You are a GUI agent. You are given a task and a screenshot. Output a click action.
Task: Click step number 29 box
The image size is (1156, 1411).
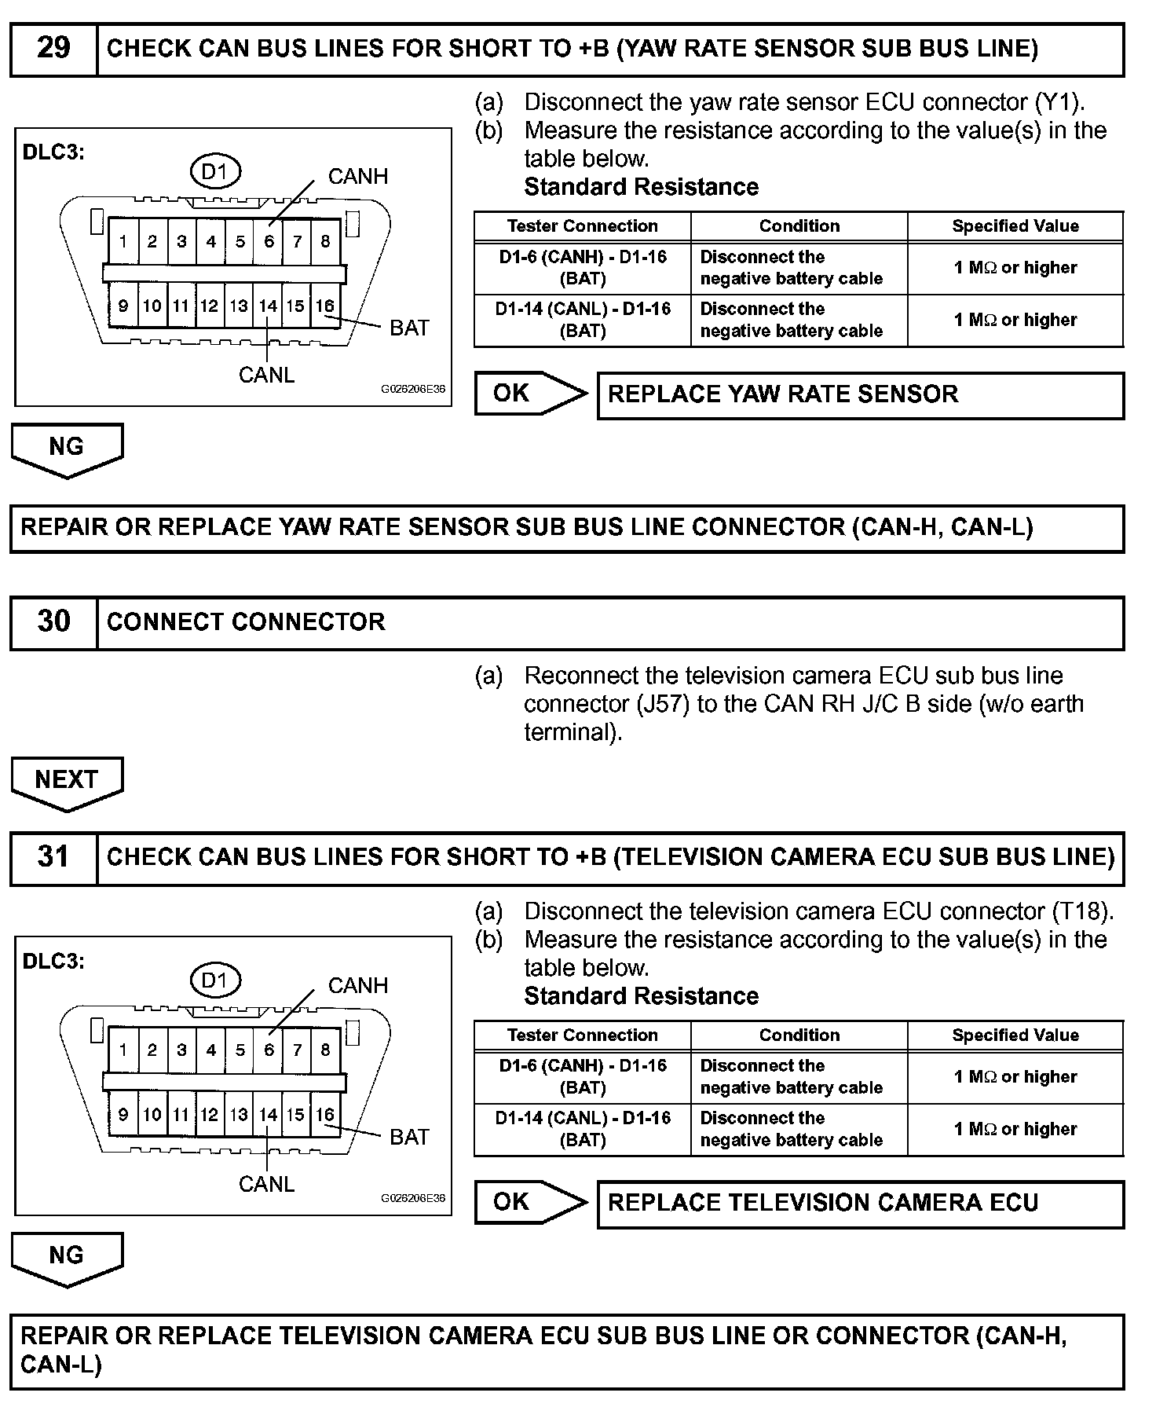click(x=53, y=49)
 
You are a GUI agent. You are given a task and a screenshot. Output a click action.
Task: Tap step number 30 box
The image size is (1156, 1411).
click(x=53, y=622)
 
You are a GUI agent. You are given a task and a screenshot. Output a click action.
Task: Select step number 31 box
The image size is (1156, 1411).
click(x=53, y=857)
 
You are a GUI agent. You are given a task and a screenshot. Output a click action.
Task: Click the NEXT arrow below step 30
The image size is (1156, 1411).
click(x=67, y=782)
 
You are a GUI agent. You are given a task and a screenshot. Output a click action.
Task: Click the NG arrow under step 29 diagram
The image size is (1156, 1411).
click(x=67, y=449)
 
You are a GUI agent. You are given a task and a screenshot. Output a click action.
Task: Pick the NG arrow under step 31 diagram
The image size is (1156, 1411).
click(x=67, y=1257)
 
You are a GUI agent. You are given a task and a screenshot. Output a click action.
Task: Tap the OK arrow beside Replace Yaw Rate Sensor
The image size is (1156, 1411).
click(x=529, y=394)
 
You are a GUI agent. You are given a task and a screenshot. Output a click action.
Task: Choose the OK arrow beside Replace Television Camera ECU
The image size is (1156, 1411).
click(x=529, y=1203)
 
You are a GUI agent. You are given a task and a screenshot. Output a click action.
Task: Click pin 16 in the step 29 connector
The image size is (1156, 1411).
click(x=325, y=306)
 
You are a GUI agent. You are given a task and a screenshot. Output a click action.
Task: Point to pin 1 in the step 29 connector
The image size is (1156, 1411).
click(x=123, y=242)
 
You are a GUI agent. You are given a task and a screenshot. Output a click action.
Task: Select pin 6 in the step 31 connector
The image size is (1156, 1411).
click(x=269, y=1050)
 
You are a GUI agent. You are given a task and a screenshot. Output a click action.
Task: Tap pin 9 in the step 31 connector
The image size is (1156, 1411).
click(x=123, y=1115)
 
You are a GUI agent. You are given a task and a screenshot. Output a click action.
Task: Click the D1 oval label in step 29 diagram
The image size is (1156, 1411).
click(x=214, y=171)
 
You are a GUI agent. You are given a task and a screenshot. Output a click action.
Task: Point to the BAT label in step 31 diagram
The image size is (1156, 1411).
click(x=409, y=1137)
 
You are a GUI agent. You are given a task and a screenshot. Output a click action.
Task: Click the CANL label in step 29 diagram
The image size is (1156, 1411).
click(x=266, y=376)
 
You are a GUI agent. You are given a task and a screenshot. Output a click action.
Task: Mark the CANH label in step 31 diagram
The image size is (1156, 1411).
click(x=357, y=986)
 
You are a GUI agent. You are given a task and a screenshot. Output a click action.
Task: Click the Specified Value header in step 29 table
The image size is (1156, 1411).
click(x=1015, y=226)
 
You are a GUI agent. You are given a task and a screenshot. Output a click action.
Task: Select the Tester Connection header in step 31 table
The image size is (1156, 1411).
click(x=582, y=1035)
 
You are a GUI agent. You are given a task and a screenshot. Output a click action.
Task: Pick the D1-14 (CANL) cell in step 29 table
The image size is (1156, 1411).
click(x=582, y=320)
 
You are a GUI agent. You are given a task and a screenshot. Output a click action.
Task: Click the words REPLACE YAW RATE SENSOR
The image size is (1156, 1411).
click(x=783, y=394)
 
